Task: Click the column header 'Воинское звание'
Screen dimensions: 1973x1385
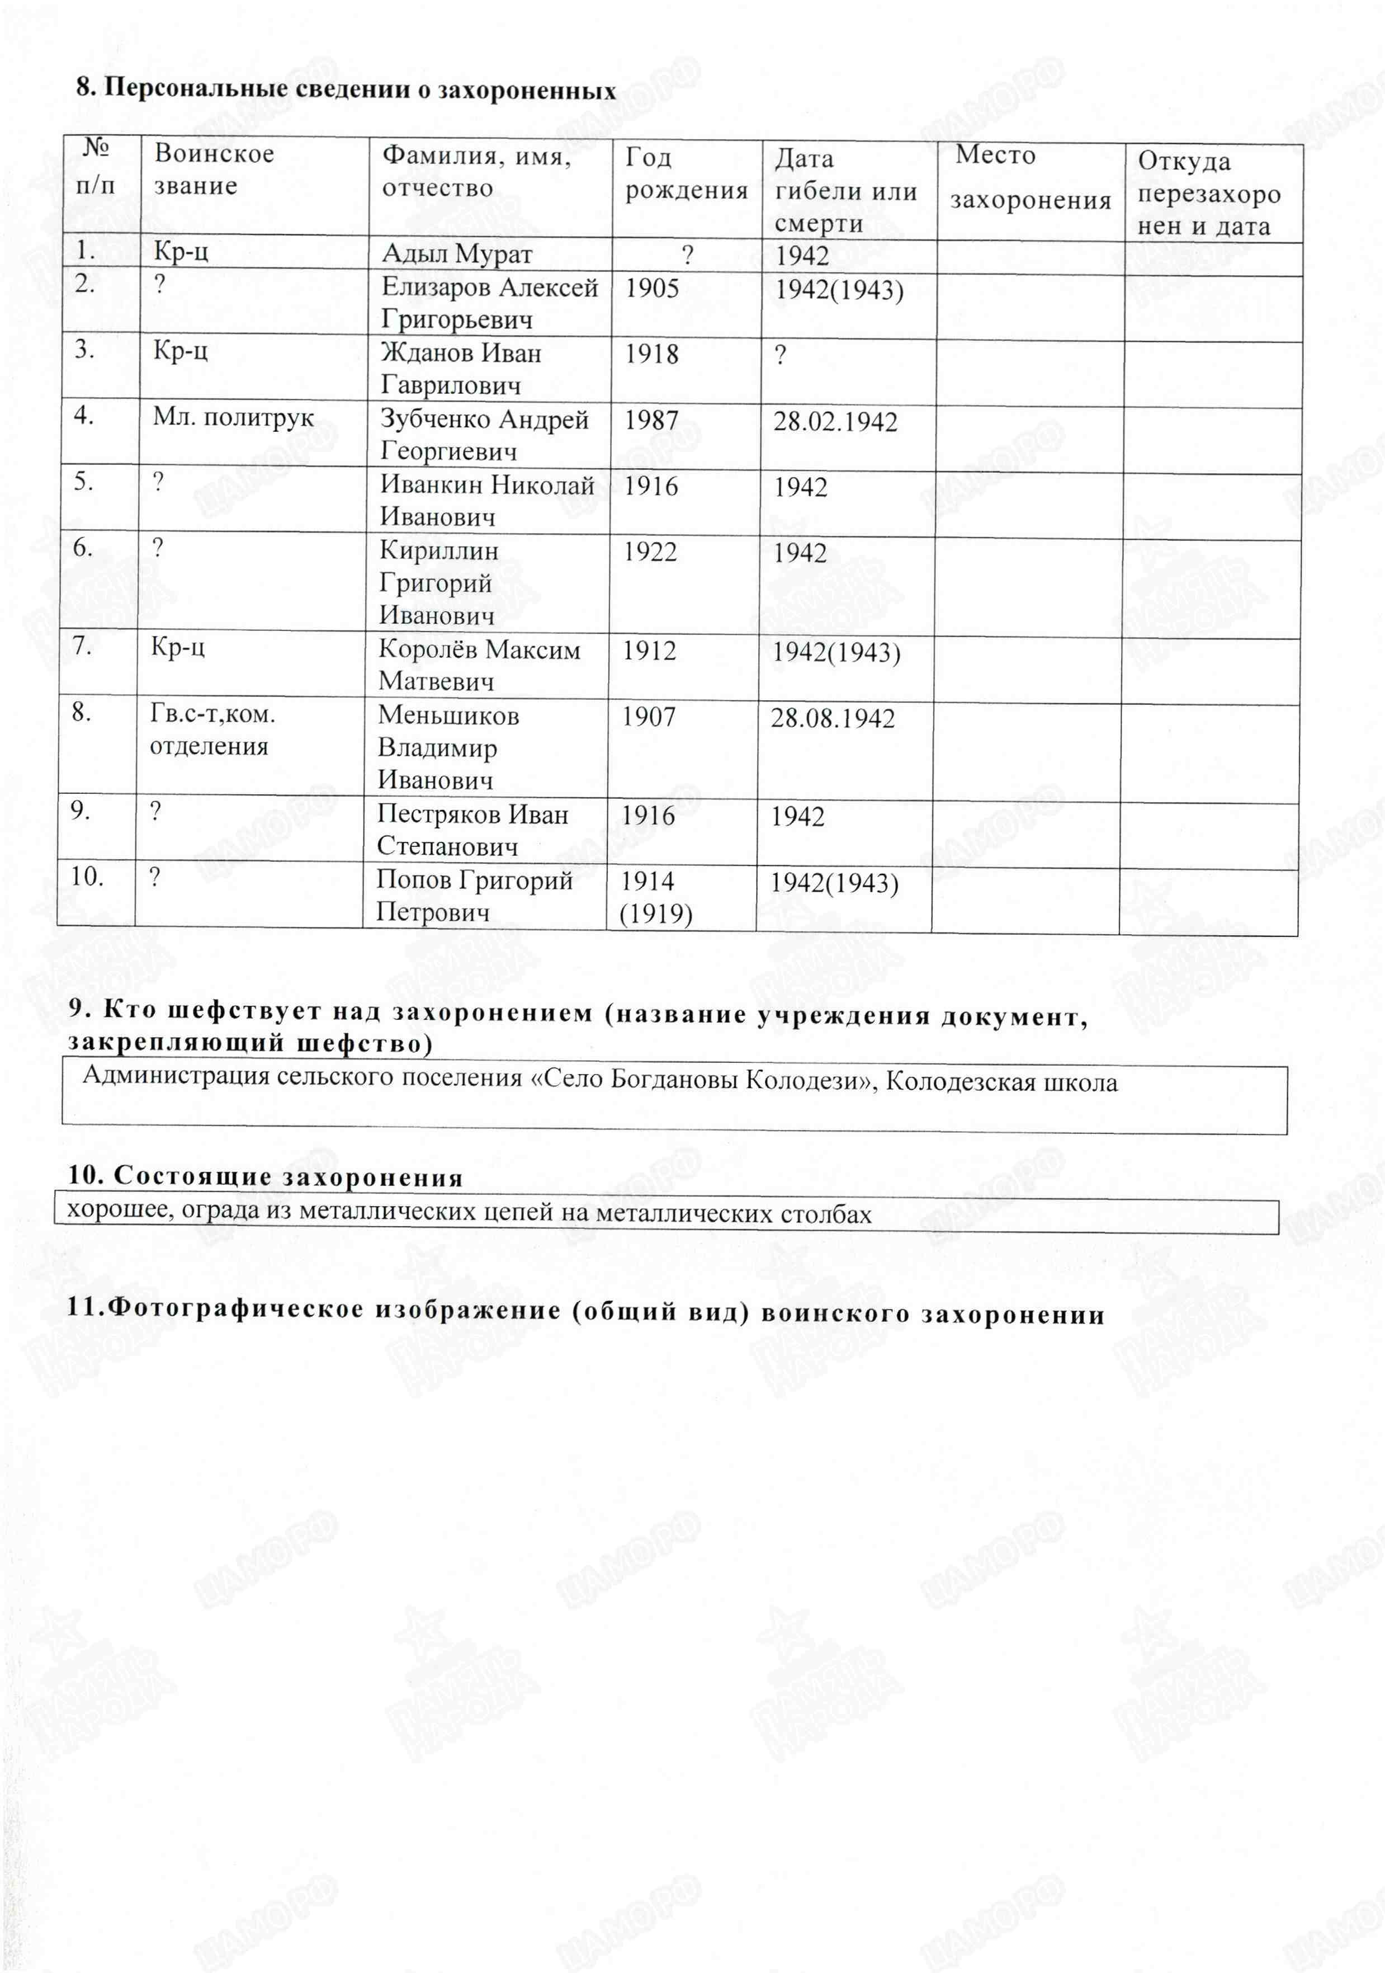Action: point(213,169)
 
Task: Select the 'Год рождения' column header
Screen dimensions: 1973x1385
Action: point(686,173)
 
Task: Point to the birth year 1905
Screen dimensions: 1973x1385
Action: point(651,288)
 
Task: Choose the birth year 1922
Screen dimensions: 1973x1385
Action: point(650,552)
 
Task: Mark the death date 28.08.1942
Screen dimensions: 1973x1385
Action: point(831,718)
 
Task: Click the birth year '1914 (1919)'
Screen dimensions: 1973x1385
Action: point(655,896)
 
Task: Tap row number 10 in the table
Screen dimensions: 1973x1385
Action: point(87,877)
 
